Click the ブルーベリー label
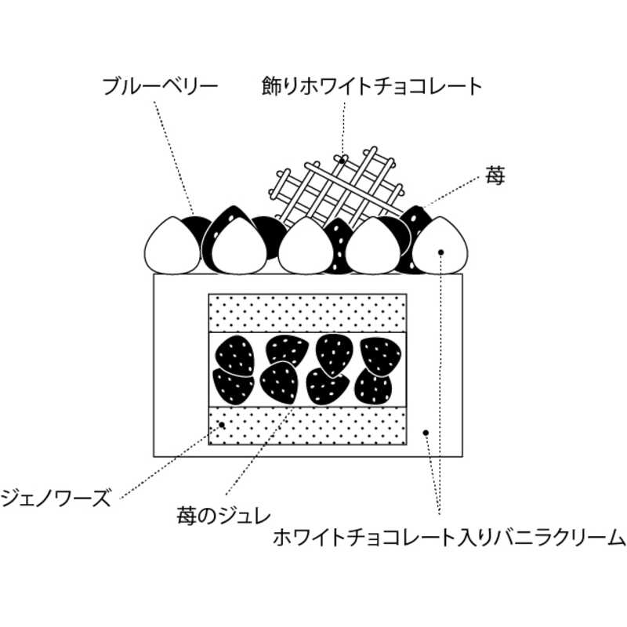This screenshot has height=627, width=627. tap(160, 86)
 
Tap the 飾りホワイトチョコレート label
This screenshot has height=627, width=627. tap(371, 86)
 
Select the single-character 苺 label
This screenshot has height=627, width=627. tap(495, 176)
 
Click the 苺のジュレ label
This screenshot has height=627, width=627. tap(223, 516)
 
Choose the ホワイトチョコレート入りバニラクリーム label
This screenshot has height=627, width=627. tap(449, 538)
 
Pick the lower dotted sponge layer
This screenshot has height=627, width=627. tap(307, 425)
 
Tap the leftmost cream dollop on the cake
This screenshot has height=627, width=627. tap(172, 245)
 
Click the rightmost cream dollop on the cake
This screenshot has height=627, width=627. tap(440, 245)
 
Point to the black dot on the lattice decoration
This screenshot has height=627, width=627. tap(343, 159)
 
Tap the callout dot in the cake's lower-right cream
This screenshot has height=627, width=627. tap(426, 432)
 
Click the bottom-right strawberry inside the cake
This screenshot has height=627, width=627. tap(374, 384)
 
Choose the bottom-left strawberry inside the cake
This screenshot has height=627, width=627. tap(233, 385)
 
